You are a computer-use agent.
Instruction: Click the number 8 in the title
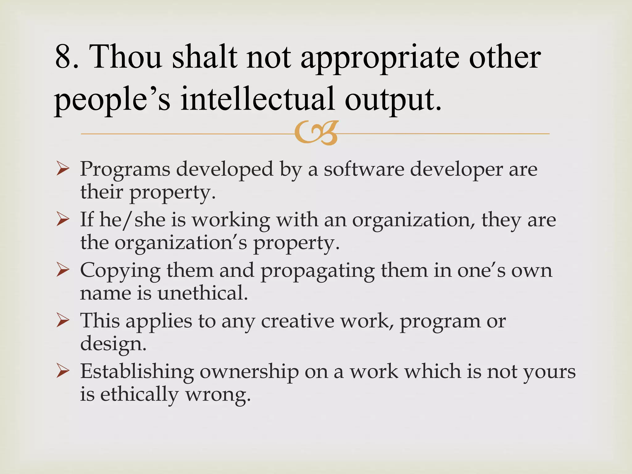(x=63, y=57)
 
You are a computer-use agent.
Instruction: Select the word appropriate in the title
(x=380, y=59)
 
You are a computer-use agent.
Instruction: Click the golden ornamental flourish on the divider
(x=316, y=133)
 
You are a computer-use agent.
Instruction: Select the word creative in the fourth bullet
(x=298, y=321)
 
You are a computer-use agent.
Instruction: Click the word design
(x=113, y=344)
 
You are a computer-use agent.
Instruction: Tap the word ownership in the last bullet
(x=249, y=372)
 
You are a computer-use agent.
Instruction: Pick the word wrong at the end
(x=218, y=395)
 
